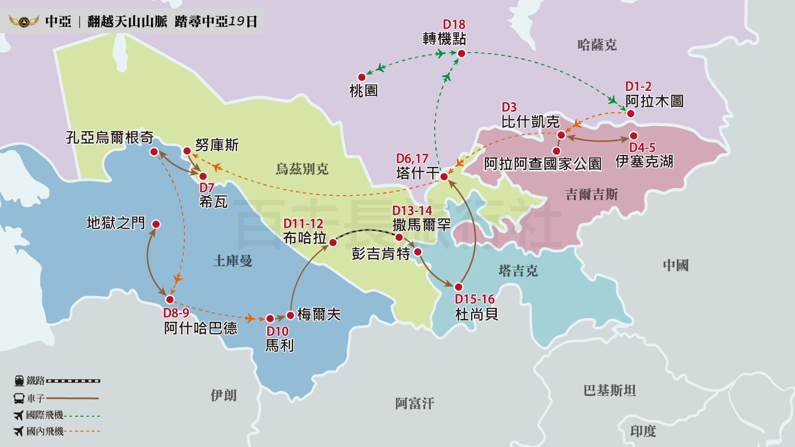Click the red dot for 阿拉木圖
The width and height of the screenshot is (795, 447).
pos(631,114)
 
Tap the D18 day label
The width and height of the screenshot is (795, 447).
pos(454,24)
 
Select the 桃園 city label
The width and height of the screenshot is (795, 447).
pos(363,91)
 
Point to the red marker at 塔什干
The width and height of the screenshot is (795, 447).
pos(444,176)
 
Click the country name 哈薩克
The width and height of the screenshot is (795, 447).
pos(597,45)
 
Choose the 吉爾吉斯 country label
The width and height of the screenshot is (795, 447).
pos(591,194)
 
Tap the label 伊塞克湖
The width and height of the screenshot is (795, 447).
pos(644,161)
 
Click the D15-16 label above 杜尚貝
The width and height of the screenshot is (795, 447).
pos(475,299)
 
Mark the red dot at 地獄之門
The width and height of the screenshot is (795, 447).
pos(156,224)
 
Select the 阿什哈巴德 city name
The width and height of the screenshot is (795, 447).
pos(201,328)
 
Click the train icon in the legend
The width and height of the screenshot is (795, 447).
pos(19,381)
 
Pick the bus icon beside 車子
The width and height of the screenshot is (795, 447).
pos(19,398)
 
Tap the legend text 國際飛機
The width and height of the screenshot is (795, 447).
pos(45,415)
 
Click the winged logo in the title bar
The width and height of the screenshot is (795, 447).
pos(24,21)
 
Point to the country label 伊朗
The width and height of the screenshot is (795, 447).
pos(224,395)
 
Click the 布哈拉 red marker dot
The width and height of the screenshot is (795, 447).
pos(333,242)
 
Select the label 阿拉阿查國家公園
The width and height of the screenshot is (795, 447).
pos(543,164)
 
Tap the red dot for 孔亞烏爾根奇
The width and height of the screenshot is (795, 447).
pos(154,151)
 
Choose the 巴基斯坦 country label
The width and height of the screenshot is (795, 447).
pos(610,391)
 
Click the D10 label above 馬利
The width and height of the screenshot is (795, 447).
pos(277,331)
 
